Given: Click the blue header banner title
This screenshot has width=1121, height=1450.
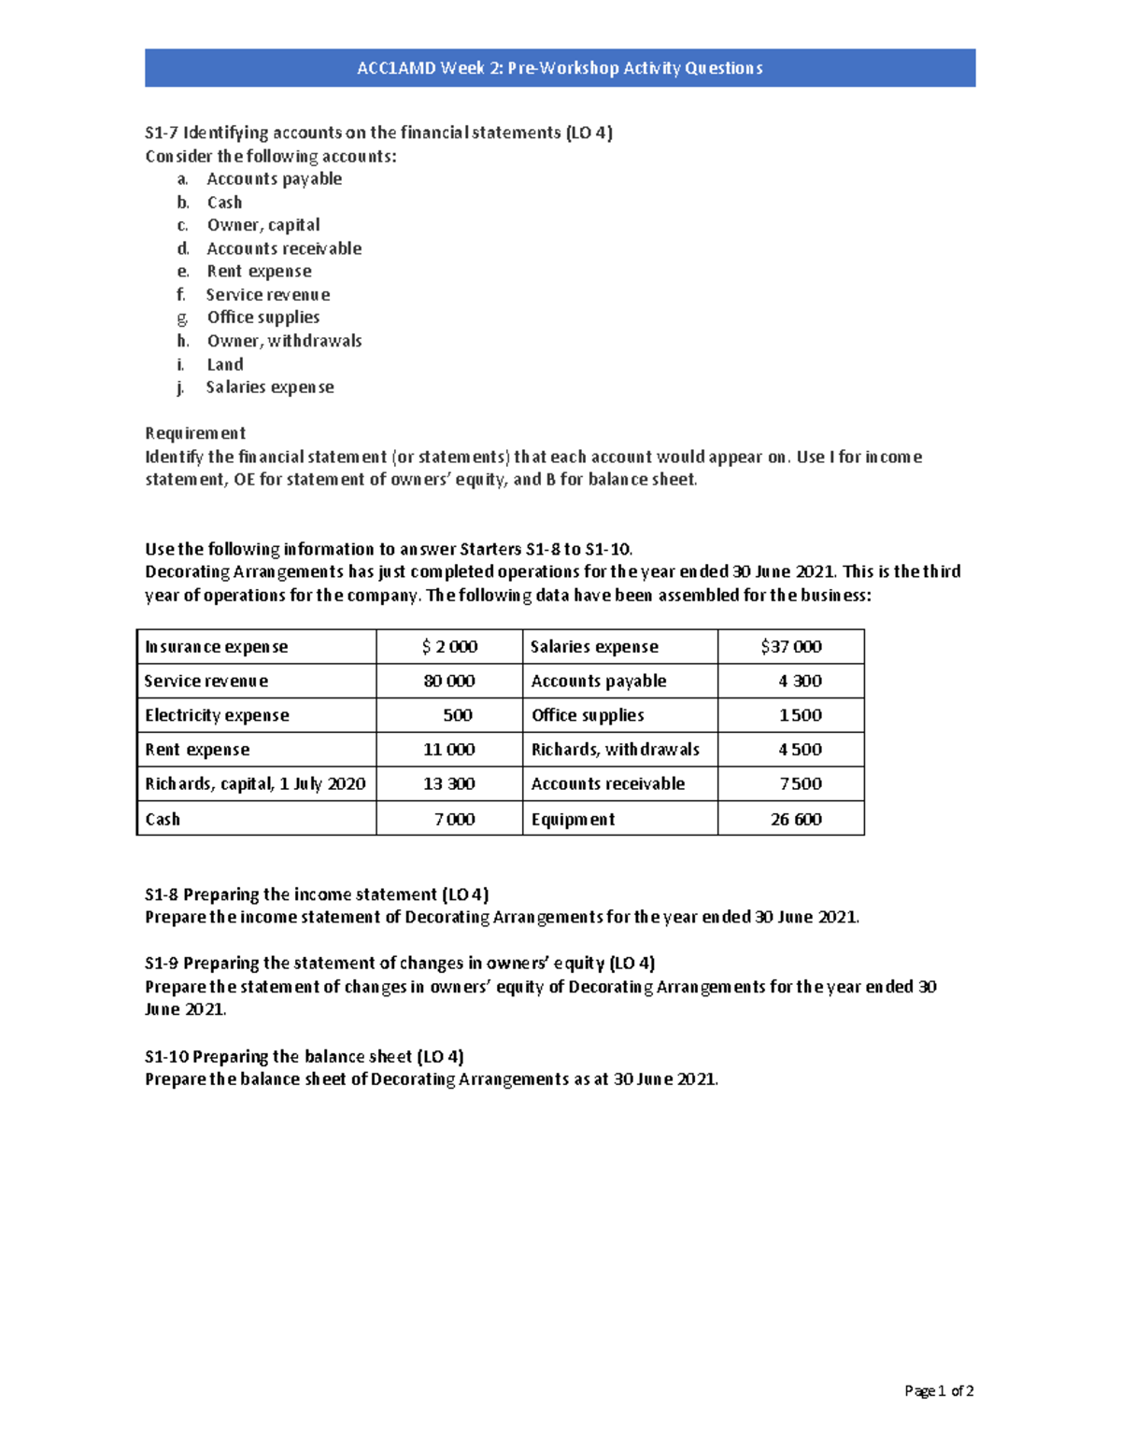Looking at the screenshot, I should (x=560, y=68).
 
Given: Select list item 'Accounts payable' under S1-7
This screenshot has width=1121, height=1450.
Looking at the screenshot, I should (x=274, y=179).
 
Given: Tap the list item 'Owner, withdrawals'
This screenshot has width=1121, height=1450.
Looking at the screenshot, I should (x=284, y=341).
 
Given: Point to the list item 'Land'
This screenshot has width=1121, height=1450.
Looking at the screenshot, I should (x=225, y=364).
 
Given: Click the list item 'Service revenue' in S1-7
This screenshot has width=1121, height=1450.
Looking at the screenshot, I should (x=268, y=295).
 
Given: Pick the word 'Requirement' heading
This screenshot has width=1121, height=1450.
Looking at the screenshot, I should (x=195, y=433).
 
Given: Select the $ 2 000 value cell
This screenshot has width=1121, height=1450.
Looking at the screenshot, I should (x=449, y=647).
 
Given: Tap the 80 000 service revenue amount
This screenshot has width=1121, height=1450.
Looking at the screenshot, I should (x=449, y=682).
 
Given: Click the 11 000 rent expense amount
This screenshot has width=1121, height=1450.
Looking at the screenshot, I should (x=449, y=750).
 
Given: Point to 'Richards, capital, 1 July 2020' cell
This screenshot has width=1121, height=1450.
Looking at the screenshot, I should (x=255, y=784).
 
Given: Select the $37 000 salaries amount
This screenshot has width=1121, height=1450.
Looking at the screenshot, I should (x=791, y=647).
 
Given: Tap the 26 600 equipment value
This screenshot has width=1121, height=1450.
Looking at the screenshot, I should (x=796, y=820).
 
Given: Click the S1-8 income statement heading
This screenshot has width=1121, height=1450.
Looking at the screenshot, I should (x=317, y=894).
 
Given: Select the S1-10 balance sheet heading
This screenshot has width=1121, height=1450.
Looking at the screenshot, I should (x=305, y=1057).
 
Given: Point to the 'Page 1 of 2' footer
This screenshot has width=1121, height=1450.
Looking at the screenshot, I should (x=939, y=1391).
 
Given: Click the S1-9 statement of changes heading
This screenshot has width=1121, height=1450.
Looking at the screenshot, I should (x=400, y=964).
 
